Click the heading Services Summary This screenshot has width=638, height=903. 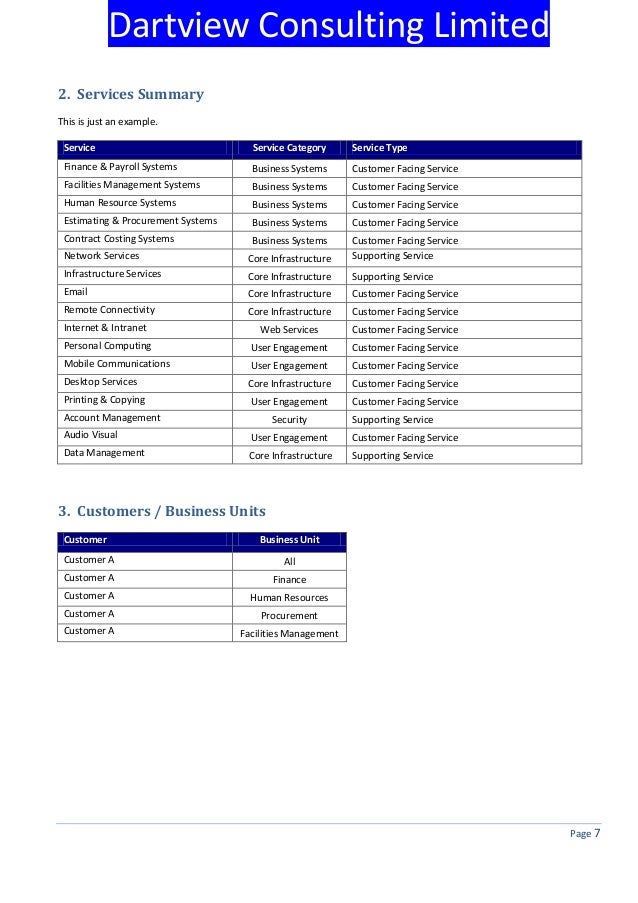tap(130, 95)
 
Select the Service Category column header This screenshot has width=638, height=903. tap(289, 148)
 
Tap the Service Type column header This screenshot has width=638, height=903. tap(380, 148)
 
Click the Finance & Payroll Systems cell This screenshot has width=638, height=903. tap(120, 167)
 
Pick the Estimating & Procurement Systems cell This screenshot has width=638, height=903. tap(140, 221)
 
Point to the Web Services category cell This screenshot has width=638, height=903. tap(289, 330)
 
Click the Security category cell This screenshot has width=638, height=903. tap(289, 420)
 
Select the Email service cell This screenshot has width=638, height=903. tap(76, 292)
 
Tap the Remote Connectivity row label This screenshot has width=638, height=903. tap(109, 310)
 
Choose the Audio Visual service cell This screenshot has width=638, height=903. tap(90, 436)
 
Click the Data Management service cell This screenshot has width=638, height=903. tap(104, 453)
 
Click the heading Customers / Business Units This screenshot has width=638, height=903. tap(161, 512)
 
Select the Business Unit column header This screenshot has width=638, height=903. tap(289, 540)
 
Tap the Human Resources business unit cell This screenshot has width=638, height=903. tap(289, 598)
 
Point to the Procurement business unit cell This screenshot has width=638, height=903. tap(289, 616)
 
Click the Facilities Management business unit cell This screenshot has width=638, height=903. tap(289, 634)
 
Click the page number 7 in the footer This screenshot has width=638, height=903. tap(597, 835)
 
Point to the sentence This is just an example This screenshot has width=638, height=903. tap(107, 122)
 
